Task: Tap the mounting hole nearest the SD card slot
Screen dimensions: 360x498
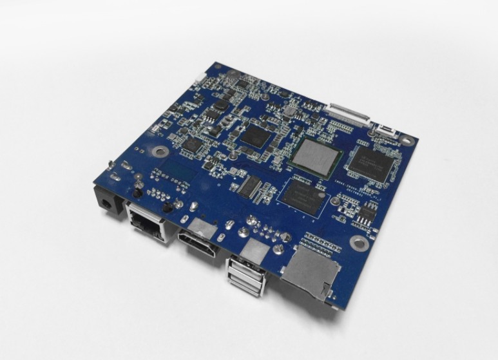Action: coord(356,243)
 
